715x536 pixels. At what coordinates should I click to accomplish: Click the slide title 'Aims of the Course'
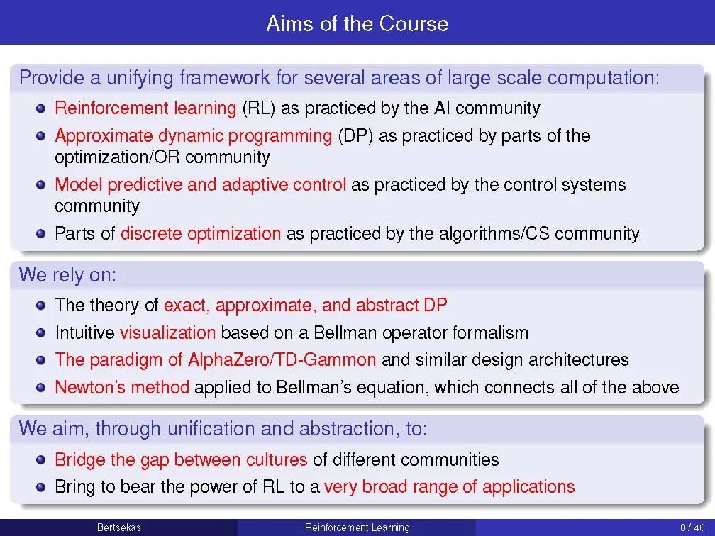(357, 23)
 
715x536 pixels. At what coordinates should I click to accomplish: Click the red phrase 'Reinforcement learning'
(145, 108)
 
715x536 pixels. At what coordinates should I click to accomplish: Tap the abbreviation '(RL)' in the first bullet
(259, 108)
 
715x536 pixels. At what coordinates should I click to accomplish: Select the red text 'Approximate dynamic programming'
(194, 136)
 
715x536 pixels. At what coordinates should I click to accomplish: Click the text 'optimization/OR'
(117, 157)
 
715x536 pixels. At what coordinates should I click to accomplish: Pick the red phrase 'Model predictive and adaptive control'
(200, 184)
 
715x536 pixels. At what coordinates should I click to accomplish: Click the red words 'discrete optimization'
(201, 233)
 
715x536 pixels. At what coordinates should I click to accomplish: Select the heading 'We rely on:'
(67, 275)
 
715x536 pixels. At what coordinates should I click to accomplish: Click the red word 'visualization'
(168, 333)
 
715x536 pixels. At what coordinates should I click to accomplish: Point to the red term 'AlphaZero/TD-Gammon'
(282, 360)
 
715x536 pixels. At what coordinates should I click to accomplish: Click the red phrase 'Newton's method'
(122, 387)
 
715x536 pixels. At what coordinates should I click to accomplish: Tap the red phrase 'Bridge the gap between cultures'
(181, 459)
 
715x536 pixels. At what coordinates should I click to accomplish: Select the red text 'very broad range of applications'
(449, 487)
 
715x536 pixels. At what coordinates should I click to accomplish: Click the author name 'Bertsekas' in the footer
(119, 527)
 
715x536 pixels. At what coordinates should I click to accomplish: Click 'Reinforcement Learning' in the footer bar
(357, 527)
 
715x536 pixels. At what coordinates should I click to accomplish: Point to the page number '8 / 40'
(692, 527)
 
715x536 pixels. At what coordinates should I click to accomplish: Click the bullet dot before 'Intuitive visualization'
(41, 333)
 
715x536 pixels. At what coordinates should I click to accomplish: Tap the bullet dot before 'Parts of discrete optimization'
(41, 234)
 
